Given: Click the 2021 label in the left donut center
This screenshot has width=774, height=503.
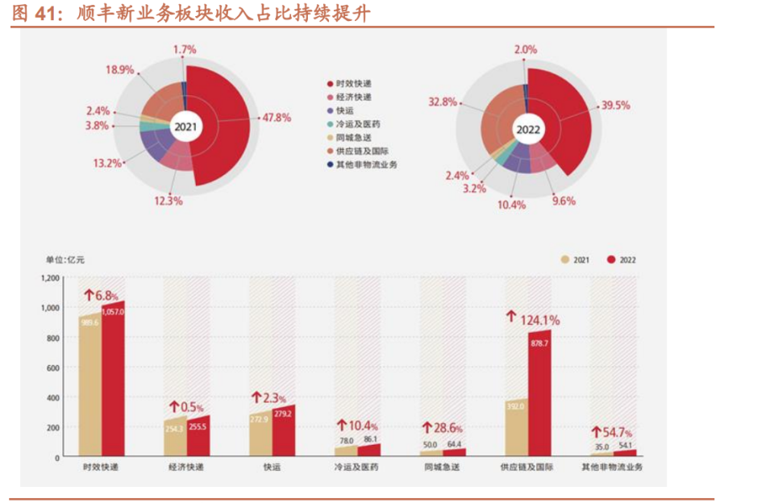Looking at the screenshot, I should (185, 127).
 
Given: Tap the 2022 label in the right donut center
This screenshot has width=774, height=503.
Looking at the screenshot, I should (528, 129).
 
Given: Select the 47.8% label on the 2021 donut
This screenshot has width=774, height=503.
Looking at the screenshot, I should (275, 117).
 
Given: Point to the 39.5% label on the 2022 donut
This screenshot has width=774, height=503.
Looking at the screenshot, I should (615, 106).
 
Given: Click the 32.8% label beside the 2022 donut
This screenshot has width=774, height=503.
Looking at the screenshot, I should (443, 102).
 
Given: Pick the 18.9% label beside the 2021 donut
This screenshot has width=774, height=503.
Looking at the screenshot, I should (119, 69).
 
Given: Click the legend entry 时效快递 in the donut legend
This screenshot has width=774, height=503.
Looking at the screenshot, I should (355, 83).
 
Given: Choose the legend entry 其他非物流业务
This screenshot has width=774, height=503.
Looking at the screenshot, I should (366, 164).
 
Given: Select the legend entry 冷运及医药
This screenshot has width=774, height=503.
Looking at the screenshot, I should (360, 124).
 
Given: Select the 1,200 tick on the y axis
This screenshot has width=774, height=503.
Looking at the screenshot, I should (50, 277).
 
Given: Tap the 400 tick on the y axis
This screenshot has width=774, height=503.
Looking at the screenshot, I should (53, 397).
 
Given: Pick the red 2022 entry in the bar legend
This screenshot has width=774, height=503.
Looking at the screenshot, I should (622, 260).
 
